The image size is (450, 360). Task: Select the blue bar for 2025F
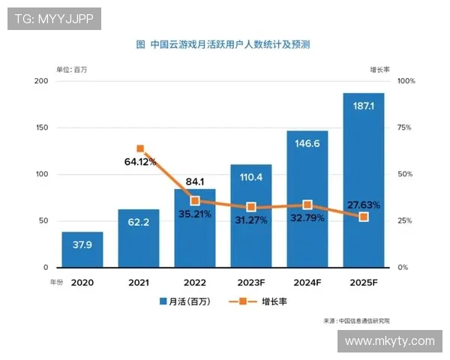coord(364,180)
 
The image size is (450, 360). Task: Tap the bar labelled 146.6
coord(307,199)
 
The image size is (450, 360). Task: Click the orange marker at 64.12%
coord(139,148)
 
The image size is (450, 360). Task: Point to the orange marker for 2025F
coord(364,217)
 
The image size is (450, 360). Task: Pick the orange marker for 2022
coord(195,201)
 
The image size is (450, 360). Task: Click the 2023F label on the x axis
coord(251,283)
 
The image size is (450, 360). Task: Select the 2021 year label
coord(139,283)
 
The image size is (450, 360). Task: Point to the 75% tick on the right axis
coord(405,127)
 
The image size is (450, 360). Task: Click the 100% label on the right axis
coord(406,81)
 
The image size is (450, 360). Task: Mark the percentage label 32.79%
coord(307,220)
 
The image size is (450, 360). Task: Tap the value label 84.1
coord(195,181)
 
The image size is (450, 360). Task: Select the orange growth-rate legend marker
coord(243,301)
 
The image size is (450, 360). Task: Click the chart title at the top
coord(223,45)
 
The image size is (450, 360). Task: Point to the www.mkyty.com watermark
coord(389,341)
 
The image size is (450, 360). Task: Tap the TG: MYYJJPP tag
coord(54,19)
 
